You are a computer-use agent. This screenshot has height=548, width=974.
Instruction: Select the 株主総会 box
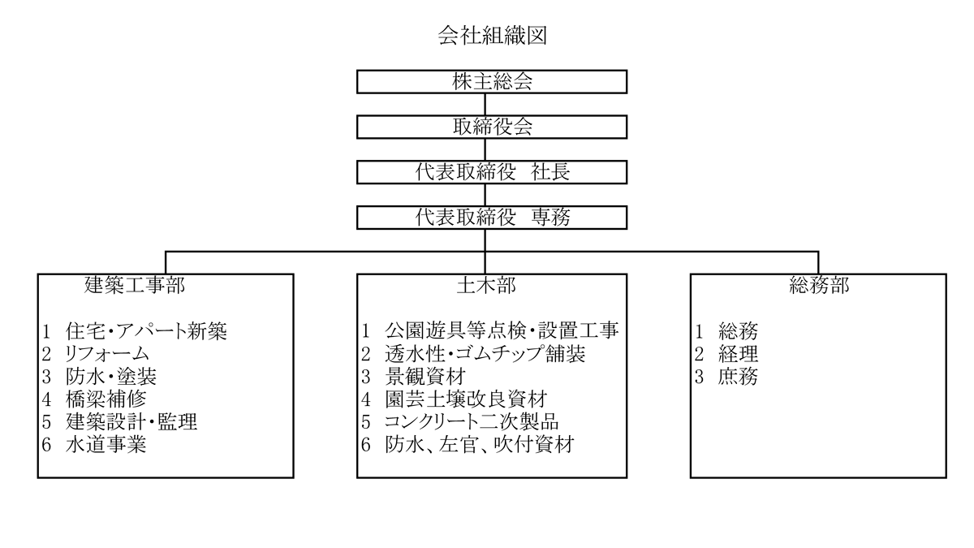tap(492, 81)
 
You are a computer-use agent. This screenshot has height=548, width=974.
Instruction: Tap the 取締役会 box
tap(492, 127)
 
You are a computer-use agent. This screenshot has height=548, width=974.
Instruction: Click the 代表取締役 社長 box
tap(492, 172)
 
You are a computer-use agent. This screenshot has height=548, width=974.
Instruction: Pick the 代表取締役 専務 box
tap(492, 218)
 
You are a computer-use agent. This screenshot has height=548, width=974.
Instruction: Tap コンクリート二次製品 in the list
tap(472, 421)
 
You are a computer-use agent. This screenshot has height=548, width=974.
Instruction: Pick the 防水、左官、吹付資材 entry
tap(479, 444)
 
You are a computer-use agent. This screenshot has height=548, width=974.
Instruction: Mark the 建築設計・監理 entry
tap(131, 421)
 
